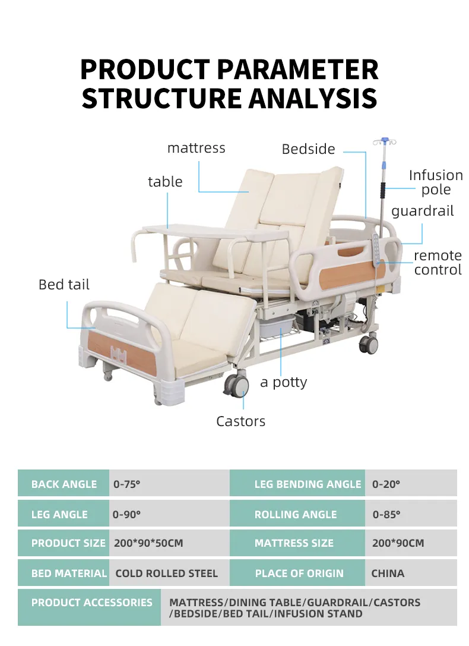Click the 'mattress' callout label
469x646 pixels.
(196, 148)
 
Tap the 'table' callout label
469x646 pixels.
(165, 182)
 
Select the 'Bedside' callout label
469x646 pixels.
(308, 149)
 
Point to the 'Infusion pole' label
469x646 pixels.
(436, 182)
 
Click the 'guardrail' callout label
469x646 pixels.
(422, 211)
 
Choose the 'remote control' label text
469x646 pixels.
(438, 263)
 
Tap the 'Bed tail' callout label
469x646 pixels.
(64, 285)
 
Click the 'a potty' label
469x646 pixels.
(283, 382)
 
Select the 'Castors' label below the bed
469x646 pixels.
(240, 421)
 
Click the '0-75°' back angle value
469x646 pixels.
(127, 484)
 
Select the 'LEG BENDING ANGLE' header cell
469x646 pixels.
(308, 484)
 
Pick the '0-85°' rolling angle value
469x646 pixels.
(386, 515)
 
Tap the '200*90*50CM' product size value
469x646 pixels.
(148, 543)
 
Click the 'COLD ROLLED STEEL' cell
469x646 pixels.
(166, 573)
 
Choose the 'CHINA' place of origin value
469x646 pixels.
(388, 573)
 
